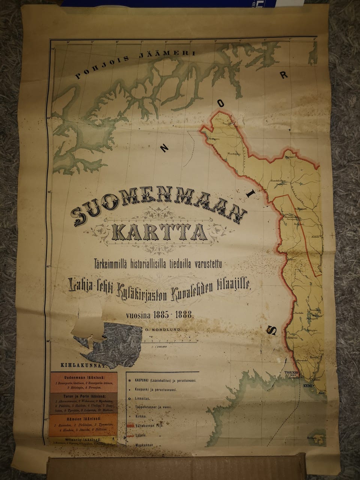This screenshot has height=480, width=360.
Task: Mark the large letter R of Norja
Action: coord(284,75)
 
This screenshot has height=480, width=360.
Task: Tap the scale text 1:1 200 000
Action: coord(158,346)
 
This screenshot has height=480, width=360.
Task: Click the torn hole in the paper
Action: coord(109,341)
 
